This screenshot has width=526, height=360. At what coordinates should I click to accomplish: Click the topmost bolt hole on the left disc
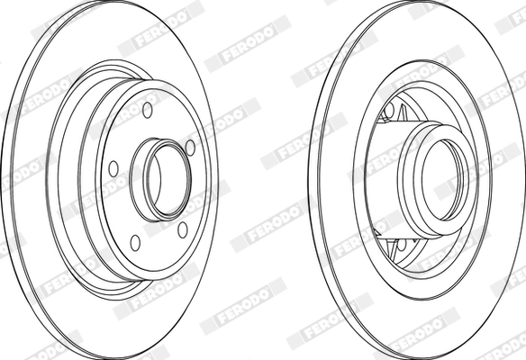(148, 110)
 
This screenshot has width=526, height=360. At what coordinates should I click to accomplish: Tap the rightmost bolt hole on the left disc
(190, 148)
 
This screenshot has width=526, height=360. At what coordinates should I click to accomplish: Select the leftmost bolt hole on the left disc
(113, 167)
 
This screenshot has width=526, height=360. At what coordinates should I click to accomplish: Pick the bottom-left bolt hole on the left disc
(135, 241)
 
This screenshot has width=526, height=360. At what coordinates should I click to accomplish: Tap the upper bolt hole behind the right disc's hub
(389, 112)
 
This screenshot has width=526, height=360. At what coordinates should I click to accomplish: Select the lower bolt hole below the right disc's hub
(402, 243)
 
